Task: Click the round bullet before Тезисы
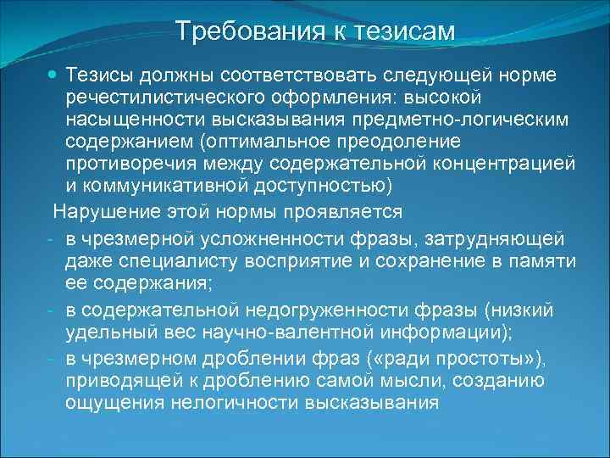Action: [x=53, y=76]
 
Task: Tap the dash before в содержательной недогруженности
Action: [x=53, y=312]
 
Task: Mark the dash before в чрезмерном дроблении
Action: [x=53, y=356]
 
